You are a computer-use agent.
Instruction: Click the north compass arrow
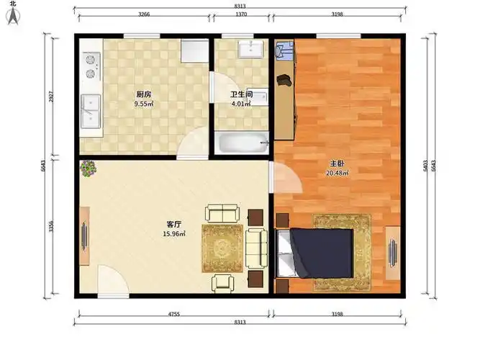[13, 16]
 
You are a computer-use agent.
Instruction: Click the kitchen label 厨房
[144, 94]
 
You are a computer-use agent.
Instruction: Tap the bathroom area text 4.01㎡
[241, 104]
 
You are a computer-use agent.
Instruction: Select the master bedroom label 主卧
[337, 164]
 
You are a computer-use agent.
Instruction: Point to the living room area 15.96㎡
[174, 234]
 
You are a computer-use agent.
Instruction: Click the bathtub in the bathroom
[242, 143]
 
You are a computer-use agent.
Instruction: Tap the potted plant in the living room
[88, 168]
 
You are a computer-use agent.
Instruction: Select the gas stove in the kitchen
[91, 66]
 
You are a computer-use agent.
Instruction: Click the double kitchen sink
[91, 111]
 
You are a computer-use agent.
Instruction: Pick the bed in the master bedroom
[314, 253]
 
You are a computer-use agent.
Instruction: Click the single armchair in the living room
[223, 284]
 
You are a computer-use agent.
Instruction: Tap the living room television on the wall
[84, 236]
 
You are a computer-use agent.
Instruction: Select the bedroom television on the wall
[393, 253]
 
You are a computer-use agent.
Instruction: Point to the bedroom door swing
[286, 177]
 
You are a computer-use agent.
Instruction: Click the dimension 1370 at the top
[241, 14]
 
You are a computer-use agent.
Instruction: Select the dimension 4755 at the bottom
[174, 314]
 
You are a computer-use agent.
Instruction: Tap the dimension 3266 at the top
[144, 14]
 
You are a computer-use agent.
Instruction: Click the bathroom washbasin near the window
[250, 49]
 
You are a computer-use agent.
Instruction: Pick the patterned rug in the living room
[222, 248]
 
